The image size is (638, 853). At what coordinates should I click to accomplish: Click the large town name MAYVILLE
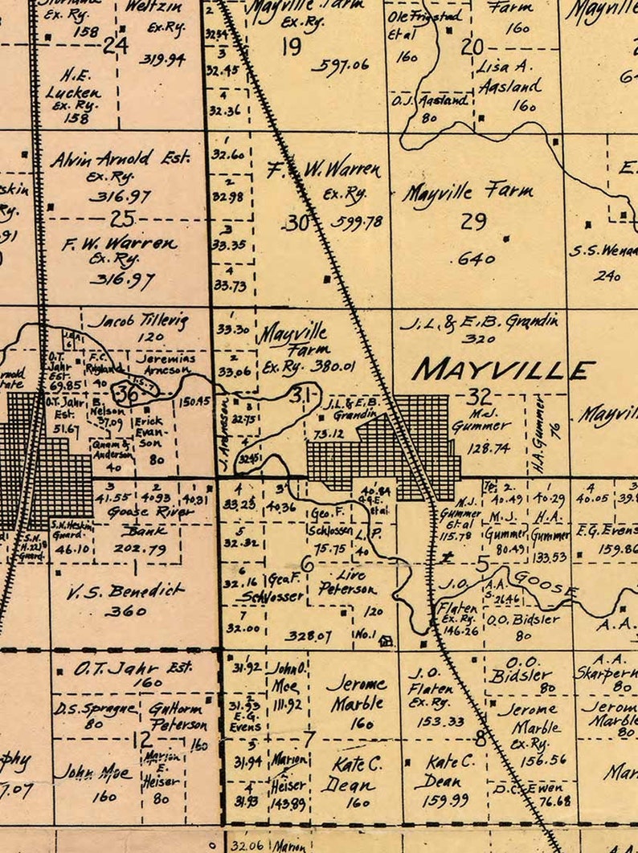click(503, 369)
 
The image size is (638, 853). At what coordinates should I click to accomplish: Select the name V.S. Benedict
click(125, 592)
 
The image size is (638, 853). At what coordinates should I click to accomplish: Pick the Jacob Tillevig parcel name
click(137, 321)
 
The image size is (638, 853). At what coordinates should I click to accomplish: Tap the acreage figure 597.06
click(340, 65)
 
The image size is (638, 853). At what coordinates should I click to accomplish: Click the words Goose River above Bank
click(151, 512)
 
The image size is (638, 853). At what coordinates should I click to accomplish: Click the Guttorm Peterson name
click(178, 716)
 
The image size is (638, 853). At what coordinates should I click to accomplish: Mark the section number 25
click(123, 218)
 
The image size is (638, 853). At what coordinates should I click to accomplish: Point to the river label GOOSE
click(546, 582)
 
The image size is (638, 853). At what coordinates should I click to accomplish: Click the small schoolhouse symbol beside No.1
click(386, 641)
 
